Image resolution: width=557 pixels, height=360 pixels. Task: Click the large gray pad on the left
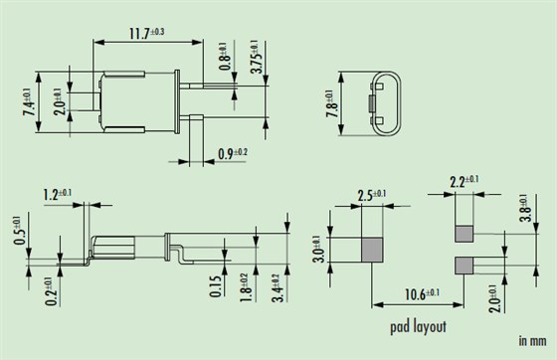371,250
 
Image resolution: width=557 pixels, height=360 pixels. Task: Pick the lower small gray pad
464,266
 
